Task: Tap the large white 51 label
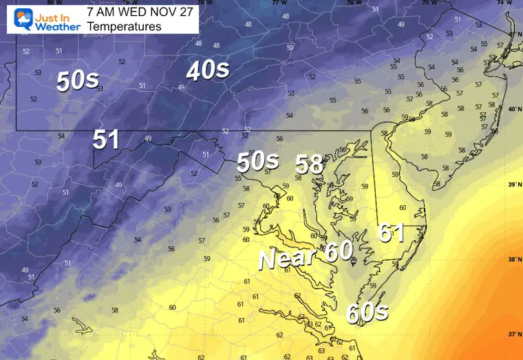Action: (x=107, y=140)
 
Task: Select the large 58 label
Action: (x=310, y=164)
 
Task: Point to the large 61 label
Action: (x=391, y=233)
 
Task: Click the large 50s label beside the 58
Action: (x=258, y=162)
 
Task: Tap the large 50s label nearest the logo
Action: (x=77, y=81)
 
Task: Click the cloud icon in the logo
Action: (x=12, y=17)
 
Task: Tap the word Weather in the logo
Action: (x=58, y=26)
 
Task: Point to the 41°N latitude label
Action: (x=513, y=34)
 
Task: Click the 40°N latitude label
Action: (x=513, y=109)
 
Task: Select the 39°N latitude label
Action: (x=513, y=184)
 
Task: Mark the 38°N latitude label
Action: (x=513, y=260)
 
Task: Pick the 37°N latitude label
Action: (x=513, y=334)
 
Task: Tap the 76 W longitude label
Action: (x=353, y=3)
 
